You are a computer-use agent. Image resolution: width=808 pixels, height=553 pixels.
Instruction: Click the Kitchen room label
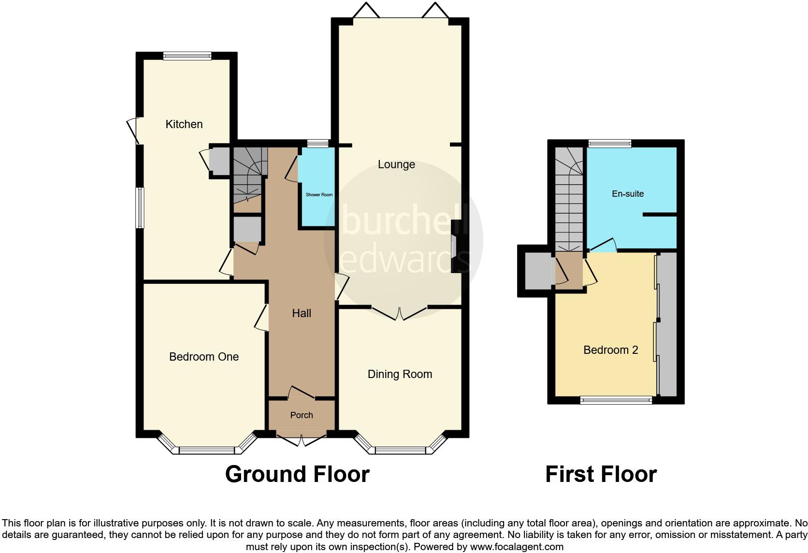pos(184,124)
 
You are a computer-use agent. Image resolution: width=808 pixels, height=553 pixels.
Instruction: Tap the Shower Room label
pos(319,195)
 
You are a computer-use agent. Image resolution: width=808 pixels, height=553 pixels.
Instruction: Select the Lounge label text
pos(396,164)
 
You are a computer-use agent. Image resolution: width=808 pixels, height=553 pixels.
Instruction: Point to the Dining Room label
pos(400,374)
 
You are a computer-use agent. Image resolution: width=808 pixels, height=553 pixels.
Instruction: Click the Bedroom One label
pos(203,357)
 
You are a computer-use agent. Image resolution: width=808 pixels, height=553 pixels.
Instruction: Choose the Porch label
pos(302,415)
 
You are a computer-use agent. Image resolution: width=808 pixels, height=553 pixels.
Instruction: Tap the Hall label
pos(302,313)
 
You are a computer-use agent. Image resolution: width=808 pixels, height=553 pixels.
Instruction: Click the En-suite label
pos(628,194)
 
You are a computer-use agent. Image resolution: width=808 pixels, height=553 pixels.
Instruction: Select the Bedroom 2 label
pos(611,350)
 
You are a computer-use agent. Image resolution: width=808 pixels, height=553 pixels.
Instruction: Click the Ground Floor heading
pos(297,474)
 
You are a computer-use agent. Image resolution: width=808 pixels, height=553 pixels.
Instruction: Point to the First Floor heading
pos(601,474)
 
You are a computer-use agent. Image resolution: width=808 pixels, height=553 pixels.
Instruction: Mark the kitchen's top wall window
pos(187,56)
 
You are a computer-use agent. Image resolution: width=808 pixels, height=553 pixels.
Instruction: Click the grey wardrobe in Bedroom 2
pos(668,324)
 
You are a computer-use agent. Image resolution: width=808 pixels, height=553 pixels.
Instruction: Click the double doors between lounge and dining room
pos(400,314)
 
